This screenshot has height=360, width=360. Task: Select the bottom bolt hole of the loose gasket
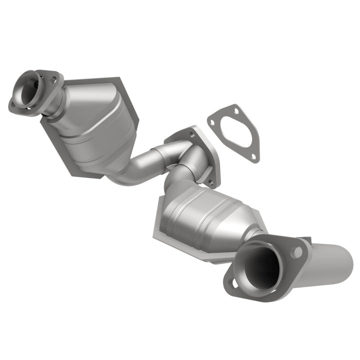(x=253, y=157)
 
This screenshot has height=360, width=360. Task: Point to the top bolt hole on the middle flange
(x=192, y=134)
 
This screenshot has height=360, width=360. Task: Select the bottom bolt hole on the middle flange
(x=211, y=181)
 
